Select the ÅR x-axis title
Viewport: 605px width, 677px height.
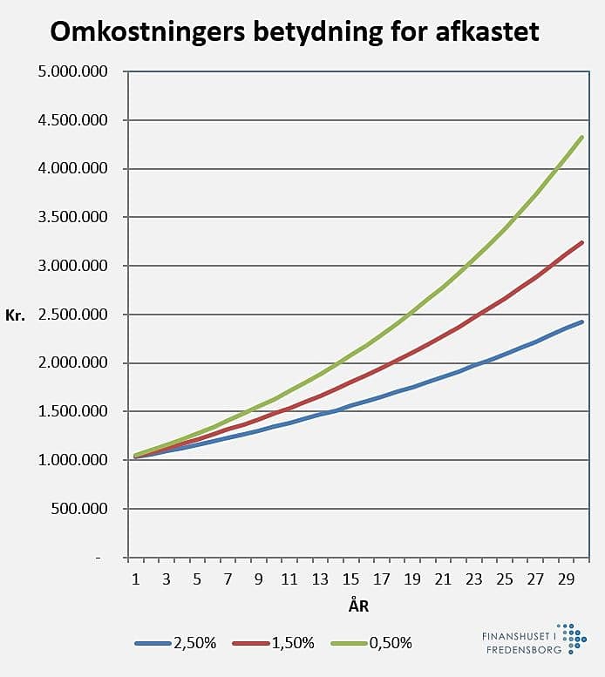(358, 606)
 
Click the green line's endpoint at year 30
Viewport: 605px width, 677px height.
(581, 137)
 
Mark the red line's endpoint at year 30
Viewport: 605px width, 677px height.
(581, 242)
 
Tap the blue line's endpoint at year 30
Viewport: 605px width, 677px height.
(581, 322)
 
